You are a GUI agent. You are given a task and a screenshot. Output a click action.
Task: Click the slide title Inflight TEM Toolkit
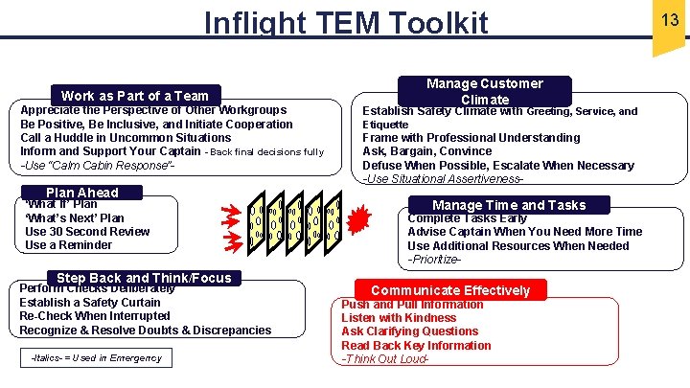346,22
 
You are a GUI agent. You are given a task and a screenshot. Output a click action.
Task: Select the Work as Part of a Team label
134,95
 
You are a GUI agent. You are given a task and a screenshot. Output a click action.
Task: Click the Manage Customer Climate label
484,91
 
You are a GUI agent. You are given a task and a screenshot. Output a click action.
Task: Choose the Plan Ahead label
82,192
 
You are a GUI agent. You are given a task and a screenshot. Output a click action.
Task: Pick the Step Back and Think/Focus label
144,278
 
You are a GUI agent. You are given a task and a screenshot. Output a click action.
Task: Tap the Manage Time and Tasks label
508,204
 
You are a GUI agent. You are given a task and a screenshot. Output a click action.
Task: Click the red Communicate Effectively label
450,289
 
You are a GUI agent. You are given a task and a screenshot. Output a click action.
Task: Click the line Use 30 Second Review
87,231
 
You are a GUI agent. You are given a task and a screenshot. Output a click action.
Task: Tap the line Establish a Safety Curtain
90,302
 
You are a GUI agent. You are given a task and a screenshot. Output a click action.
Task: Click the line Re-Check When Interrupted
95,316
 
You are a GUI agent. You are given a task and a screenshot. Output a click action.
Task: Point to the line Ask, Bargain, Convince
426,151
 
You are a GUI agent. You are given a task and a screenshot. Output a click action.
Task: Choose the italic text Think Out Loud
384,359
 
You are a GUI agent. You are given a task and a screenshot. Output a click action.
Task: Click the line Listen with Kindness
399,317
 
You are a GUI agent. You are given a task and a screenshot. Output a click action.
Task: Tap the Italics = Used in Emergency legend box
96,358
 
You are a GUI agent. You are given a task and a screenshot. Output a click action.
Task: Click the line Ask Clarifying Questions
409,331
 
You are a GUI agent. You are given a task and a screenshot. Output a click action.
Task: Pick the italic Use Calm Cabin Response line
97,166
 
